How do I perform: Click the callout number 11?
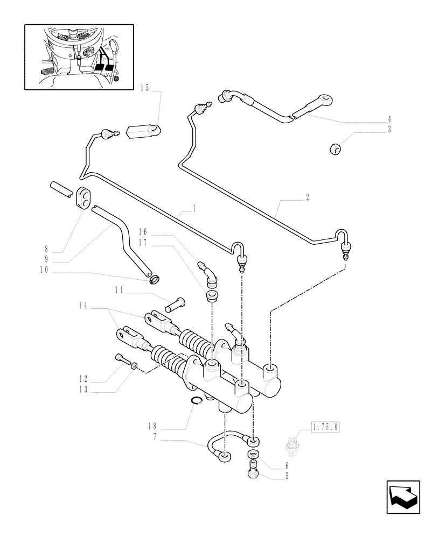point(119,289)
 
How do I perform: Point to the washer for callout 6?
point(252,456)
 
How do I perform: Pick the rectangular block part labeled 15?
point(144,131)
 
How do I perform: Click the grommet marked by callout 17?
point(211,296)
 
